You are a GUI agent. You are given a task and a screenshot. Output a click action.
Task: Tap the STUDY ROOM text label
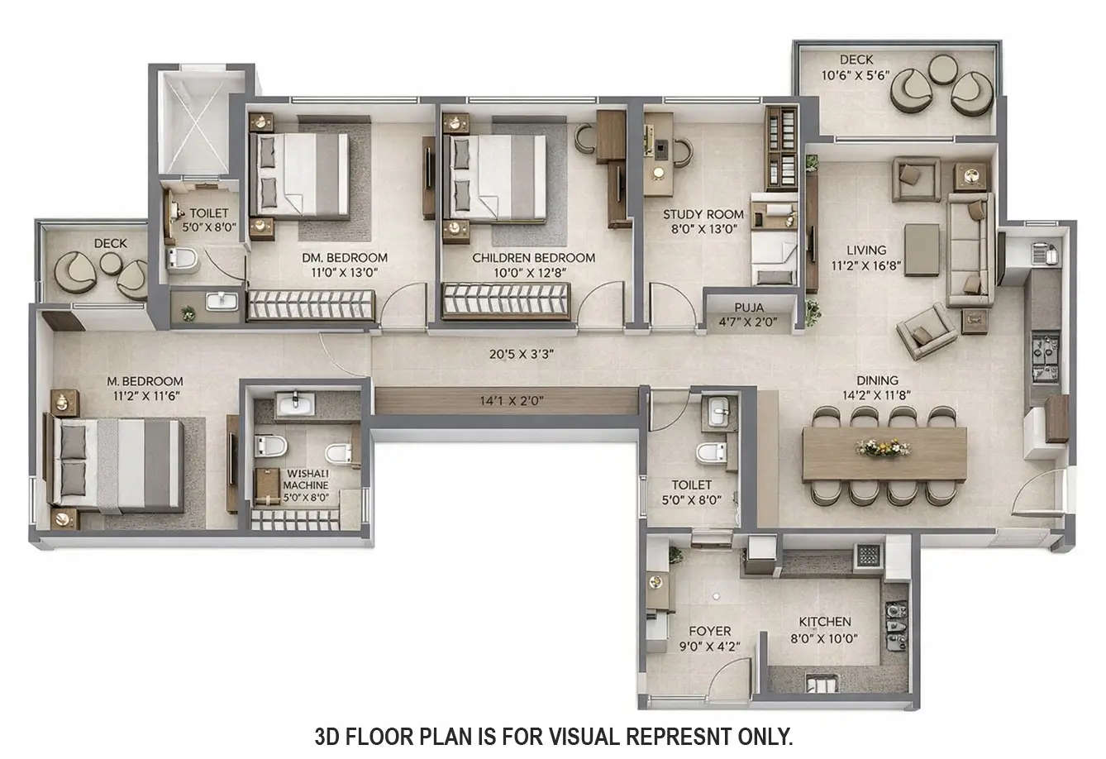click(x=703, y=214)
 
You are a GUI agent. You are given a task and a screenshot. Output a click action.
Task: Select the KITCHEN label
click(x=824, y=622)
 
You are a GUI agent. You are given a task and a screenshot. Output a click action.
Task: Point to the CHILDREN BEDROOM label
click(x=533, y=258)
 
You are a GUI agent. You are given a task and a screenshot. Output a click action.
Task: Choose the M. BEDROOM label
click(x=145, y=381)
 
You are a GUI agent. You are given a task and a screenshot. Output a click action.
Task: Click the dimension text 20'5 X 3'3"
click(x=521, y=354)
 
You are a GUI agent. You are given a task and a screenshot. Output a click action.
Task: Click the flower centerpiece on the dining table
click(x=884, y=447)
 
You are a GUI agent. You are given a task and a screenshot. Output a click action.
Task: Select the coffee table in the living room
click(x=922, y=249)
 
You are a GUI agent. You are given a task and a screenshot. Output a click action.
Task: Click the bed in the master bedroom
click(x=117, y=462)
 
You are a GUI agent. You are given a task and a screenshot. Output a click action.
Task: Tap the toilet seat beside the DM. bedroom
click(x=182, y=260)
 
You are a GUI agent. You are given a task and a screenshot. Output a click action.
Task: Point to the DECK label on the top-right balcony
click(x=856, y=60)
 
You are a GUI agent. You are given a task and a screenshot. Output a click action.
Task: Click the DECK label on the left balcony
click(x=110, y=243)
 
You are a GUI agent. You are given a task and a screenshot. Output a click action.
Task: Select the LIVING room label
click(x=865, y=250)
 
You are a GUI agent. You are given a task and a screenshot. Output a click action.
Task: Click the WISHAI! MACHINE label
click(x=306, y=480)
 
